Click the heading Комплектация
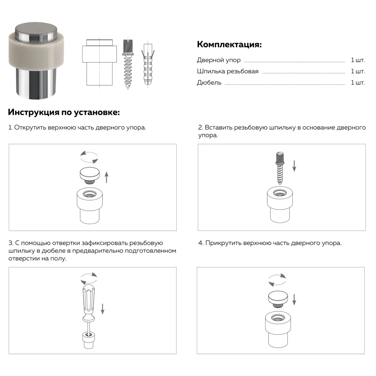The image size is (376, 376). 229,44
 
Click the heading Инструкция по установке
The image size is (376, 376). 64,112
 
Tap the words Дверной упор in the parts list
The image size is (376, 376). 218,60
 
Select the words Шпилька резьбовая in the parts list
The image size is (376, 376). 227,71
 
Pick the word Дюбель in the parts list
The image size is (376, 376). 209,83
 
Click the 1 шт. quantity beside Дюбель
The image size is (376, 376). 358,83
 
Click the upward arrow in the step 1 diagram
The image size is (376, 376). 106,177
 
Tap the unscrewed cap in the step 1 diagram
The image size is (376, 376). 89,174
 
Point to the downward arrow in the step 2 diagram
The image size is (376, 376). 294,165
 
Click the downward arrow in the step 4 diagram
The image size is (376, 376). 294,299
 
